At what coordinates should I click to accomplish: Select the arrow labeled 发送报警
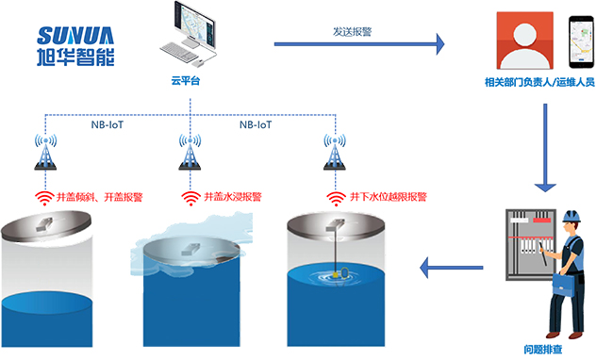358,42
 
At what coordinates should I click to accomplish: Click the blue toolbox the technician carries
566,282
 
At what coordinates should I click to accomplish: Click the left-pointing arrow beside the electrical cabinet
451,270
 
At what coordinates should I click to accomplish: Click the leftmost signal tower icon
45,152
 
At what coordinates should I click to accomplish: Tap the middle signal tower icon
190,152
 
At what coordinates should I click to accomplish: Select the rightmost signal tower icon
333,152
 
